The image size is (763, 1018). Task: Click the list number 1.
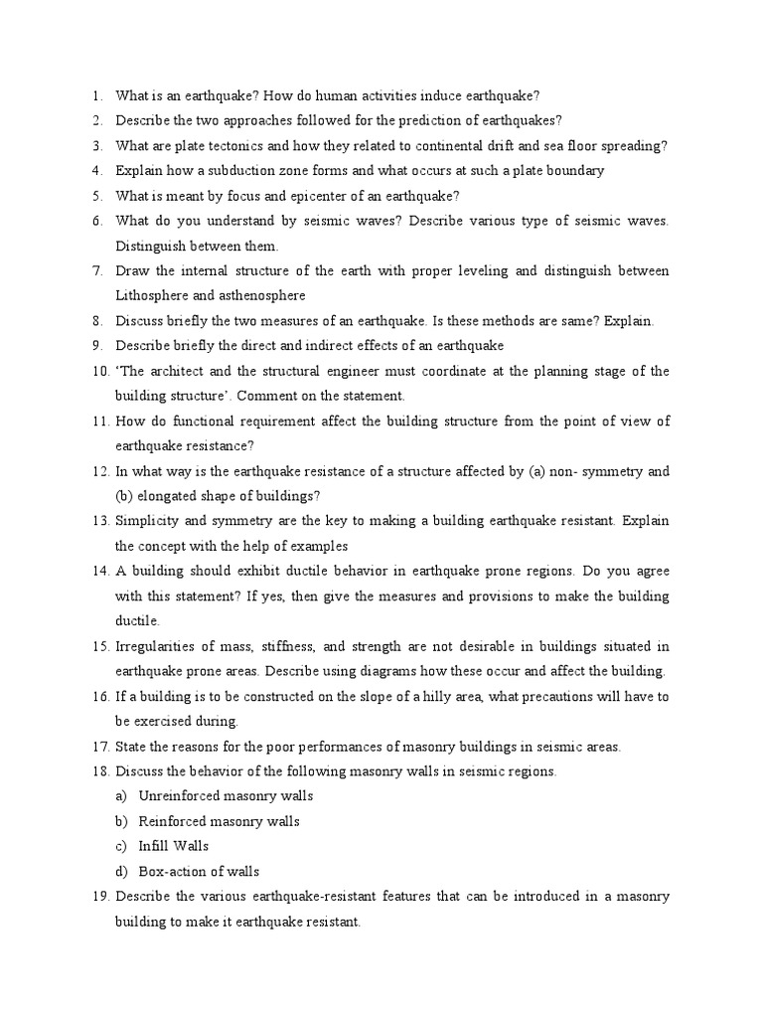tap(95, 95)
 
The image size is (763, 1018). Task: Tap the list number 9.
tap(95, 346)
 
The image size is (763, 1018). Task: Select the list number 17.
tap(98, 747)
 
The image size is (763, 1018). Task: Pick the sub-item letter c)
tap(122, 846)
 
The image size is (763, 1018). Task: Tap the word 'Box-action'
tap(173, 872)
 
